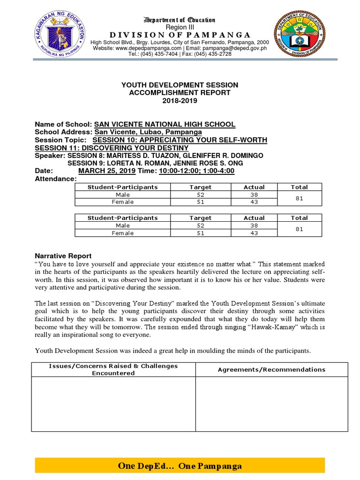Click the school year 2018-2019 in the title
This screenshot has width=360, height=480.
180,100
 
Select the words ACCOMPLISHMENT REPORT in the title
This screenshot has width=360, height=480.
180,93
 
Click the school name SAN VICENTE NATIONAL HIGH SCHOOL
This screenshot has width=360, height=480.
165,124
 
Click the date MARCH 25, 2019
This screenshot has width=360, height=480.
106,171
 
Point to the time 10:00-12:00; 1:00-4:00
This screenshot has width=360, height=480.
196,171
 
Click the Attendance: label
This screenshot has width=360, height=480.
55,179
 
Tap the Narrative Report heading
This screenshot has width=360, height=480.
63,256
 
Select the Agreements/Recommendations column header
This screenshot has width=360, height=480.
271,369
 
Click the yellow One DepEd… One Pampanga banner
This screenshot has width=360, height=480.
180,466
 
